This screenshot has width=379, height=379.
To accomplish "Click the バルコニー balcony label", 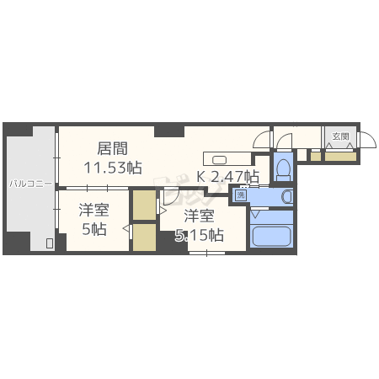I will point(31,182).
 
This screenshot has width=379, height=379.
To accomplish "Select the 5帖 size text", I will point(93,227).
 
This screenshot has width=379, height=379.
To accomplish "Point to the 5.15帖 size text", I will point(200,235).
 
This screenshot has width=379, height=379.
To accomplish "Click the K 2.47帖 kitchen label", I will point(227,177).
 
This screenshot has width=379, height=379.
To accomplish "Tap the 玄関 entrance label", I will point(339,136).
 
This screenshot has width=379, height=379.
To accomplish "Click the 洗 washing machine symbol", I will point(241,196).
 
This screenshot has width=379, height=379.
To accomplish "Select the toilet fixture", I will point(283,166).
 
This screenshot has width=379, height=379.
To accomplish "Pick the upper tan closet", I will point(144,206).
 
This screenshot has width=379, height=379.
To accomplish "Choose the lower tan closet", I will point(144,237).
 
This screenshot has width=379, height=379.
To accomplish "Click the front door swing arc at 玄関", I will point(368,141).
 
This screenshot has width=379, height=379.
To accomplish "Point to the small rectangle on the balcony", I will point(49,244).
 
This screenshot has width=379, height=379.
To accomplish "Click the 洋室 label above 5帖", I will point(93,209).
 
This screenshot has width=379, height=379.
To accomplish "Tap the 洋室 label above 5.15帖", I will point(200,216).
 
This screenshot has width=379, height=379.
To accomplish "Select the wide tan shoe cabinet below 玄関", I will point(339,155).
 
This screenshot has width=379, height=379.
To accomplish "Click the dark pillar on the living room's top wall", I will point(169,131).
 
